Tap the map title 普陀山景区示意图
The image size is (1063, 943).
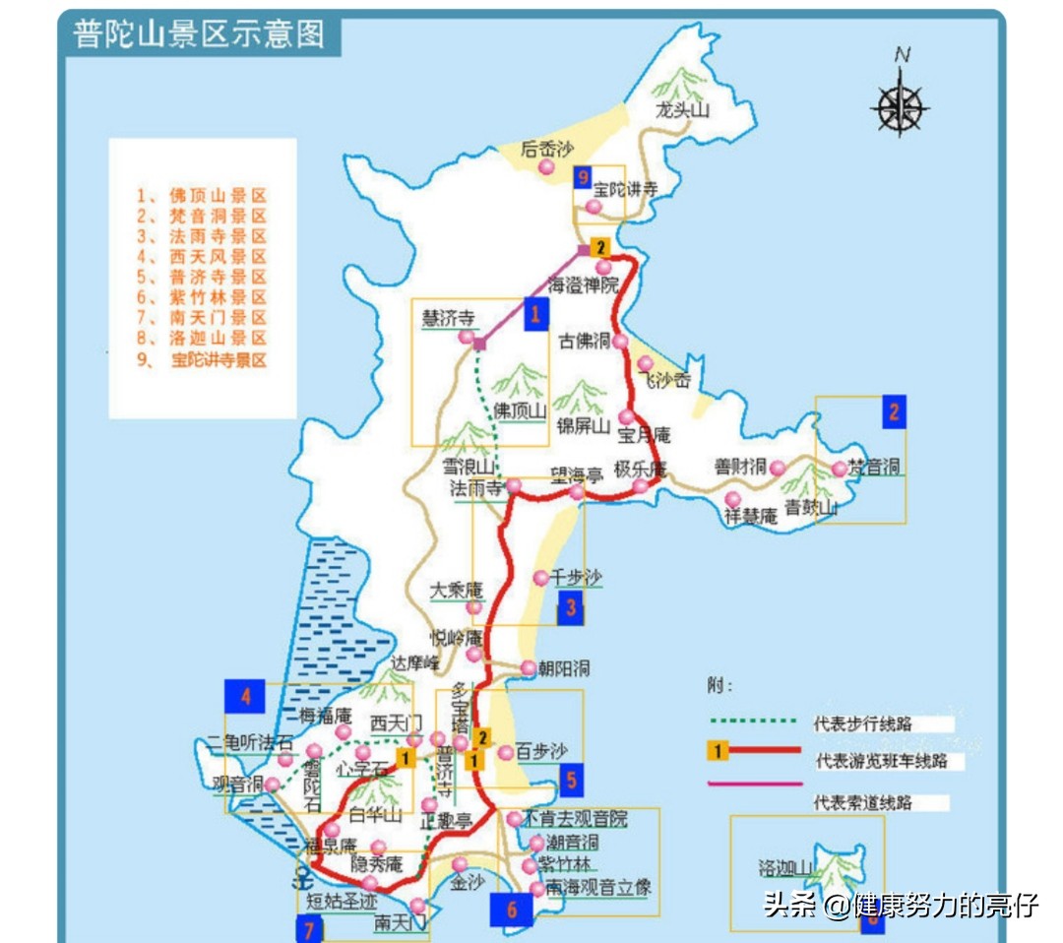tap(199, 34)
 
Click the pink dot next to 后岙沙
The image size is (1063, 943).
tap(546, 168)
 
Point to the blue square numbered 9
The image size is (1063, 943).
tap(584, 177)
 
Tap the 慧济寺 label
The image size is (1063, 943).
tap(448, 318)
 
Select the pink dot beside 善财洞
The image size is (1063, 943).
tap(778, 468)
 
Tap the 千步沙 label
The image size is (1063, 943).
tap(576, 578)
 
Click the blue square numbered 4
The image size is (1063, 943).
tap(245, 697)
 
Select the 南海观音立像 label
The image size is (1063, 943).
tap(598, 888)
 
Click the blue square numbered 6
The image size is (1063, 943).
tap(512, 910)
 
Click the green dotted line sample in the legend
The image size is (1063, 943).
tap(751, 721)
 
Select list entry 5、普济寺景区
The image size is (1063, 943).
tap(203, 278)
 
